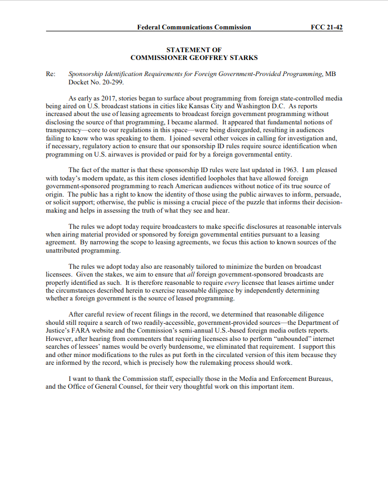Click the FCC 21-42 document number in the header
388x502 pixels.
pyautogui.click(x=327, y=27)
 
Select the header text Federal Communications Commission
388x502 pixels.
pyautogui.click(x=194, y=27)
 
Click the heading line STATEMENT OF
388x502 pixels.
pyautogui.click(x=194, y=50)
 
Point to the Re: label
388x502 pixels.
pyautogui.click(x=50, y=74)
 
